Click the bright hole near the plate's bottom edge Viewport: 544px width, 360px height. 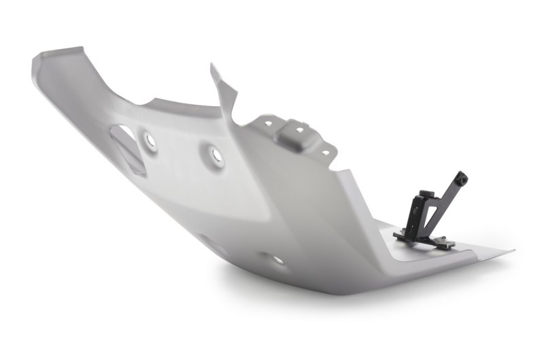tap(278, 259)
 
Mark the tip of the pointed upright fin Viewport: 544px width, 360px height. tap(211, 66)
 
